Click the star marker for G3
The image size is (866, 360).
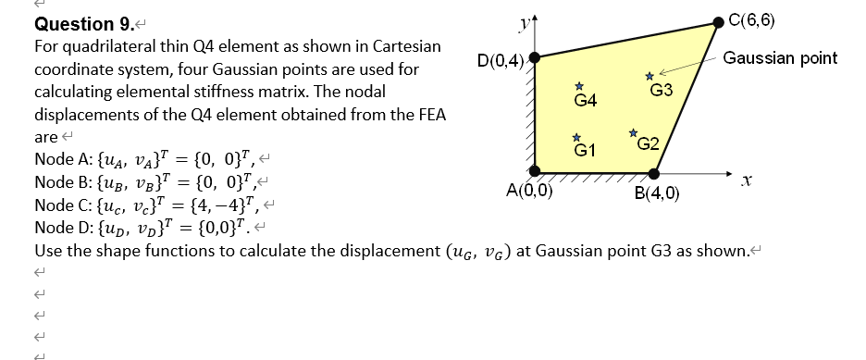pos(649,76)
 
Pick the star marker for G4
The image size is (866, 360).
pos(579,85)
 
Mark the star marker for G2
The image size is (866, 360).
pos(634,133)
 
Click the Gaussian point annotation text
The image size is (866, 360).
pos(780,58)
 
